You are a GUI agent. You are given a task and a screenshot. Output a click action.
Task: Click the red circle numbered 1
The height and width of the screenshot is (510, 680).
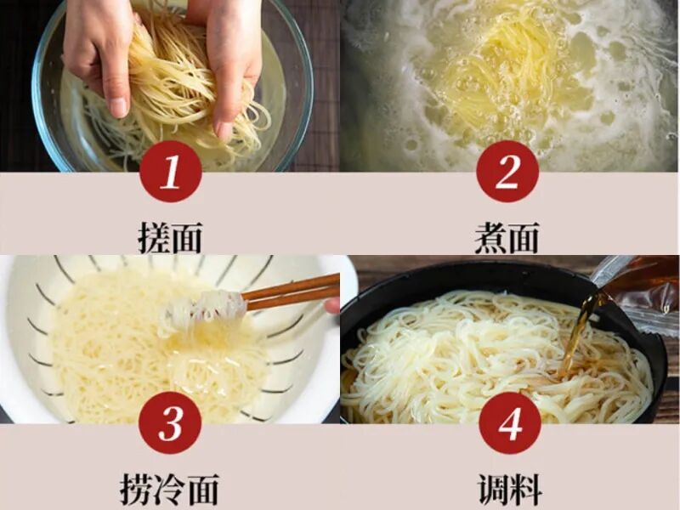coord(171,172)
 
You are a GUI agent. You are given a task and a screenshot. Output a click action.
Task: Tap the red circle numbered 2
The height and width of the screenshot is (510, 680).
coord(507,172)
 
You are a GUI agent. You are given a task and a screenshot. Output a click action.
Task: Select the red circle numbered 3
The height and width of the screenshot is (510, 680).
coord(171,422)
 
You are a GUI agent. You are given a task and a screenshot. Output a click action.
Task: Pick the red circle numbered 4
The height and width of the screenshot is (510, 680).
coord(509,422)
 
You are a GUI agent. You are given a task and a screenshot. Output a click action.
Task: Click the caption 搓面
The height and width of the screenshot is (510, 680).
coord(170,238)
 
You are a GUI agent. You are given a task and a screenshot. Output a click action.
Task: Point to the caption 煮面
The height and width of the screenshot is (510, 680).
coord(507,238)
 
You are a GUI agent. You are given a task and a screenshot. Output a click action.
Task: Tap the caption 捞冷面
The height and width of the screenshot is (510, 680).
coord(169,490)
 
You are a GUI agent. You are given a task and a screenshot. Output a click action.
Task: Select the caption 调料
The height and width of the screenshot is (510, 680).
coord(510,490)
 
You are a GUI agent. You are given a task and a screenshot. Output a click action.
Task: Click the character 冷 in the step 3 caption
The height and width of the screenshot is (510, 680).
coord(169,490)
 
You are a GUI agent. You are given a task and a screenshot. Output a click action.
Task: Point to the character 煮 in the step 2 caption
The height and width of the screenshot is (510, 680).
coord(490,238)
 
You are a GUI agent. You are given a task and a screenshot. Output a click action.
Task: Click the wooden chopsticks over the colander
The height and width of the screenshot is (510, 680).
coord(291,292)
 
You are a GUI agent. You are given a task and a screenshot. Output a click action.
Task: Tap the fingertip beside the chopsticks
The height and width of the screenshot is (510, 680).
coord(332,306)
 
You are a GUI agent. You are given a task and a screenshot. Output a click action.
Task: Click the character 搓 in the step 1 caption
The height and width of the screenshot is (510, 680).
coord(153,238)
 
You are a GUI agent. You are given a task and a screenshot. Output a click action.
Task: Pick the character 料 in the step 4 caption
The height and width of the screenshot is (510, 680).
coord(526,490)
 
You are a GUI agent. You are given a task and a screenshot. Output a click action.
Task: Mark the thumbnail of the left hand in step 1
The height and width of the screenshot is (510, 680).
coord(118,107)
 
